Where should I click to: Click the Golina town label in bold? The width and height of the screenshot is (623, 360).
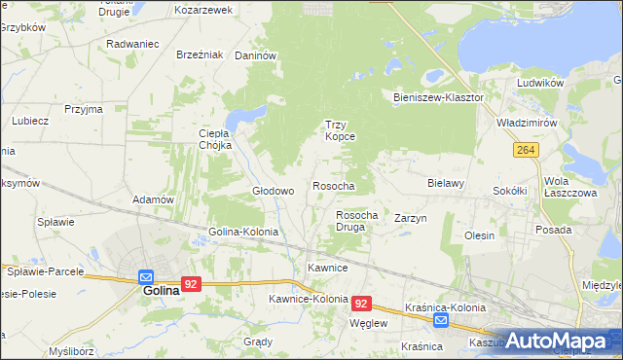[x=161, y=290]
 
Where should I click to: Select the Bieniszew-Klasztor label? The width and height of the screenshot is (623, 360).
[x=438, y=98]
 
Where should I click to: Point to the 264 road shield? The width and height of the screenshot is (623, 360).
[x=527, y=149]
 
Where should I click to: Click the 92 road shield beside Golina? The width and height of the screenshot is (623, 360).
[x=191, y=284]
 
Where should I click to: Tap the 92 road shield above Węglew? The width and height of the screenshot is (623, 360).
[x=361, y=304]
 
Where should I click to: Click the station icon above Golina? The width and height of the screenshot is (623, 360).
[x=146, y=276]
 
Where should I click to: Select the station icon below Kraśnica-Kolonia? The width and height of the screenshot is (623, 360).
[x=441, y=320]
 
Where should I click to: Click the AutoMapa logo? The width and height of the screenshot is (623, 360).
[x=555, y=341]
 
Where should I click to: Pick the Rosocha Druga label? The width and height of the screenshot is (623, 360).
[x=356, y=221]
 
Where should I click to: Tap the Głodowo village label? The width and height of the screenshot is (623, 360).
[x=273, y=191]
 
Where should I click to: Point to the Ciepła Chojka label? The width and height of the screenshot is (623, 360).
[x=213, y=139]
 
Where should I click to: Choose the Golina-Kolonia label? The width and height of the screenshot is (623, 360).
[x=243, y=233]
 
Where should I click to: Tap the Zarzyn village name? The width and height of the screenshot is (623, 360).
[x=411, y=219]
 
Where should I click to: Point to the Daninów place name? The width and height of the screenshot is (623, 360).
[x=257, y=55]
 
